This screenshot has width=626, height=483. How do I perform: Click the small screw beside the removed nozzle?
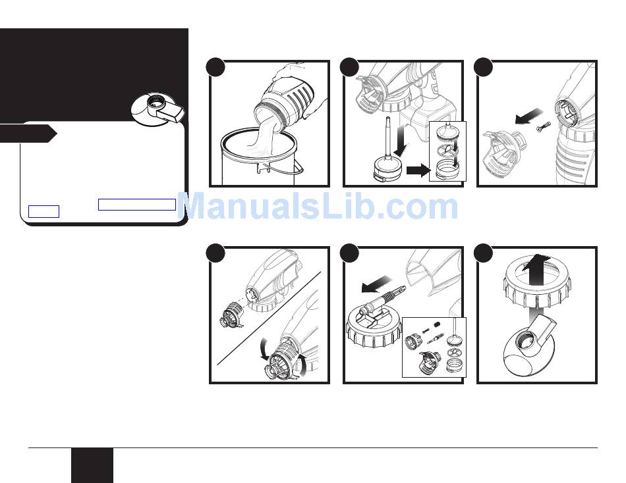pos(542,127)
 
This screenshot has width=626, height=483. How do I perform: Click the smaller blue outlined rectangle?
pos(44,211)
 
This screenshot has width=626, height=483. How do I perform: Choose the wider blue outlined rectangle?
pos(137,204)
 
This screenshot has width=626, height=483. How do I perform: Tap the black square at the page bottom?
pos(92,465)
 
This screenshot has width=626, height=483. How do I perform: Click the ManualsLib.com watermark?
pos(318,207)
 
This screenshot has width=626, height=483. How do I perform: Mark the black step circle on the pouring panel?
pos(216,67)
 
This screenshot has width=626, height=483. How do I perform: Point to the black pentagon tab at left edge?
pos(28,134)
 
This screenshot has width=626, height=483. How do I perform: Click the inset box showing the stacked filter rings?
pos(447,151)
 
